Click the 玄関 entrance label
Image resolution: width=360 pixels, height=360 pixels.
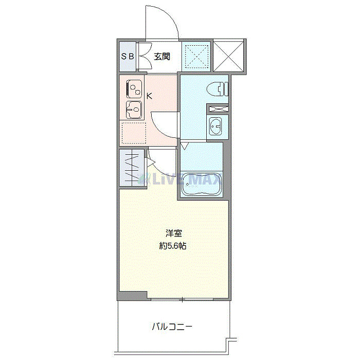click(x=162, y=57)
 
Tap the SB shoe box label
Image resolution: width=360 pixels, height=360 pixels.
click(x=127, y=57)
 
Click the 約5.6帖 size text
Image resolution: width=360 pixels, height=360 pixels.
click(x=173, y=246)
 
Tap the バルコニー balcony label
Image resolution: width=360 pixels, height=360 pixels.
click(x=172, y=326)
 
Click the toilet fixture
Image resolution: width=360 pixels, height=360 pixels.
click(x=218, y=89)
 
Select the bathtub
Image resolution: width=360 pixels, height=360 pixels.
click(x=201, y=184)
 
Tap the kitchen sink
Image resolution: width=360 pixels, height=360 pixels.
click(x=134, y=110)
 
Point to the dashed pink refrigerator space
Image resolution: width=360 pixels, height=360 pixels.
click(x=133, y=133)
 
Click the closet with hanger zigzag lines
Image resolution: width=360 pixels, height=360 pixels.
click(x=131, y=168)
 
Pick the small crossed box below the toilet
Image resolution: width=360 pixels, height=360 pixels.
click(x=218, y=109)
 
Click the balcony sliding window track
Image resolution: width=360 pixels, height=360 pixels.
click(x=181, y=299)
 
